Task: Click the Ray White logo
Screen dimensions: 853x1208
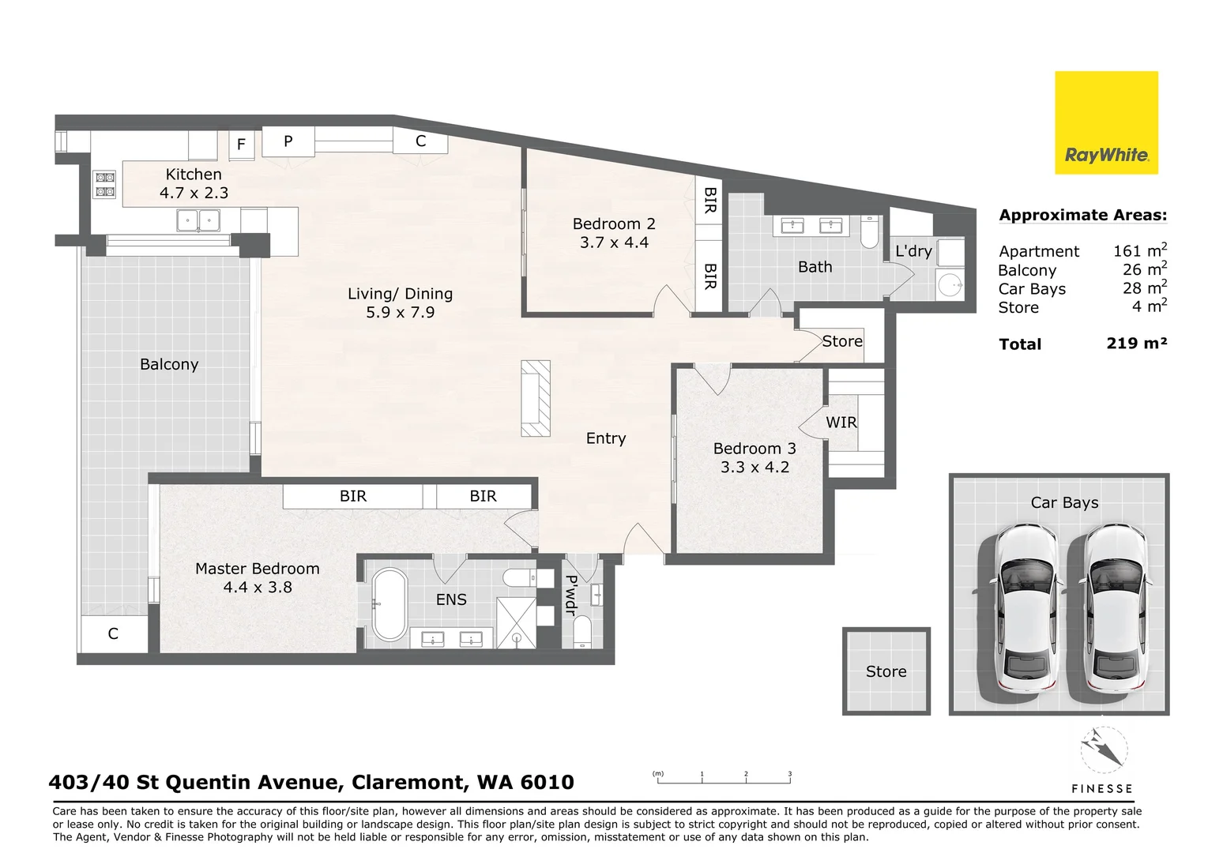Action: point(1106,123)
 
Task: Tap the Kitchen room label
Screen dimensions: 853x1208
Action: point(194,175)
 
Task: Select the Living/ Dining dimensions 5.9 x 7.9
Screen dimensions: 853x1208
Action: point(400,313)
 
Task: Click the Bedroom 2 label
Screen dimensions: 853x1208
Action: point(614,224)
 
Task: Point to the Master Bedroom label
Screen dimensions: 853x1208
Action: point(258,569)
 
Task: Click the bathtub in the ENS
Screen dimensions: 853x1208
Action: point(389,604)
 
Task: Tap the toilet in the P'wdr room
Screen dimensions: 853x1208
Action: point(582,632)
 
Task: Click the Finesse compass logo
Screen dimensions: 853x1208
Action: point(1103,750)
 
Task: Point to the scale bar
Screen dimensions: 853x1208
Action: point(724,781)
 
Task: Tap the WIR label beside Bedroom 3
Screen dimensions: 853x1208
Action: point(841,423)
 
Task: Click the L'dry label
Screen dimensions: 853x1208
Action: point(913,251)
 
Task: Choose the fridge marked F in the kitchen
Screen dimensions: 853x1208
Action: point(242,145)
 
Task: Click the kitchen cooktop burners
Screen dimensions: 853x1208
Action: point(105,185)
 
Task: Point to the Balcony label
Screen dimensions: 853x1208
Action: point(169,365)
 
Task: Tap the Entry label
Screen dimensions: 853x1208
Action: point(606,438)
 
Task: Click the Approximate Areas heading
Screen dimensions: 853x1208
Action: point(1082,215)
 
